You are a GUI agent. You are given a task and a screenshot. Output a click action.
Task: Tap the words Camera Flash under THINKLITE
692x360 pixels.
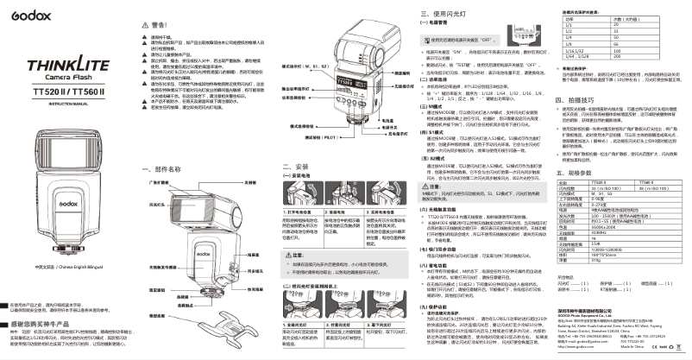pyautogui.click(x=62, y=76)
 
